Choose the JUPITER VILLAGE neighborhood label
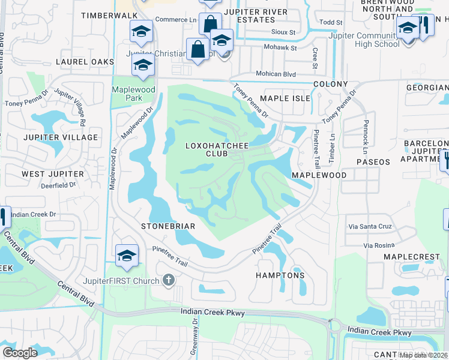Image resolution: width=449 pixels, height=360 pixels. tap(60, 137)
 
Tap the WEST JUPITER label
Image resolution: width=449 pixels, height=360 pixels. tap(53, 174)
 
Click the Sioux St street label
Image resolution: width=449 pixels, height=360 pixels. tap(285, 32)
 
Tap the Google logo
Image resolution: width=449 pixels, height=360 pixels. tap(20, 352)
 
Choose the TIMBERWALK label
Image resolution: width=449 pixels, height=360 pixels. tap(105, 14)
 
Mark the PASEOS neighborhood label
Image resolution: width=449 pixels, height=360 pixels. tap(373, 162)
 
